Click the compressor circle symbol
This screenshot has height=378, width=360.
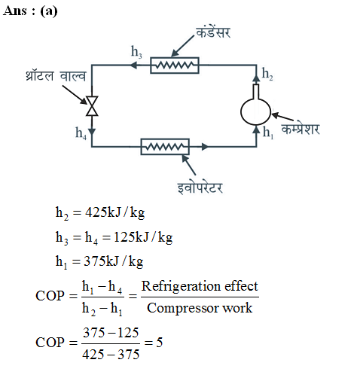pos(255,99)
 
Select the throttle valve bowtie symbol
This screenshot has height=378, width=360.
pos(92,106)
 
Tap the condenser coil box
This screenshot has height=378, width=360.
pos(175,66)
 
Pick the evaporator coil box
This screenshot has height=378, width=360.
pos(165,147)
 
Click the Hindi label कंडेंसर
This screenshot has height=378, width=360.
pos(213,32)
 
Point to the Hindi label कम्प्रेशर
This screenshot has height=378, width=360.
pos(301,129)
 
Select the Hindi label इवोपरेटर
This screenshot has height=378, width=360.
pos(200,187)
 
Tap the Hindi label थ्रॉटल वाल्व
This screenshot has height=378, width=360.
pos(56,76)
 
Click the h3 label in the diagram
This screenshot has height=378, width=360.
pos(136,52)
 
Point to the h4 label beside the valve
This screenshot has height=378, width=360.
pos(81,133)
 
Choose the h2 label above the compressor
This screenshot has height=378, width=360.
pos(267,74)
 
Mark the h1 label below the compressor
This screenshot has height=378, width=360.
pos(268,133)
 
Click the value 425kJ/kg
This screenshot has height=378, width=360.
pos(115,213)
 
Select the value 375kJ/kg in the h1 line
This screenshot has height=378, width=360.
pos(114,261)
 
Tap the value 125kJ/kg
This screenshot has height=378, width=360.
pos(143,237)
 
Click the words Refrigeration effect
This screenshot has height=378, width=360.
pos(200,286)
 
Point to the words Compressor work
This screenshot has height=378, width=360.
pos(200,308)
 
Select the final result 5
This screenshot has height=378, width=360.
pos(160,343)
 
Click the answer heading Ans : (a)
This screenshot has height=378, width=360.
pos(30,11)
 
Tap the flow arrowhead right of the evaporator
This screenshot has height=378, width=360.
pos(205,147)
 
